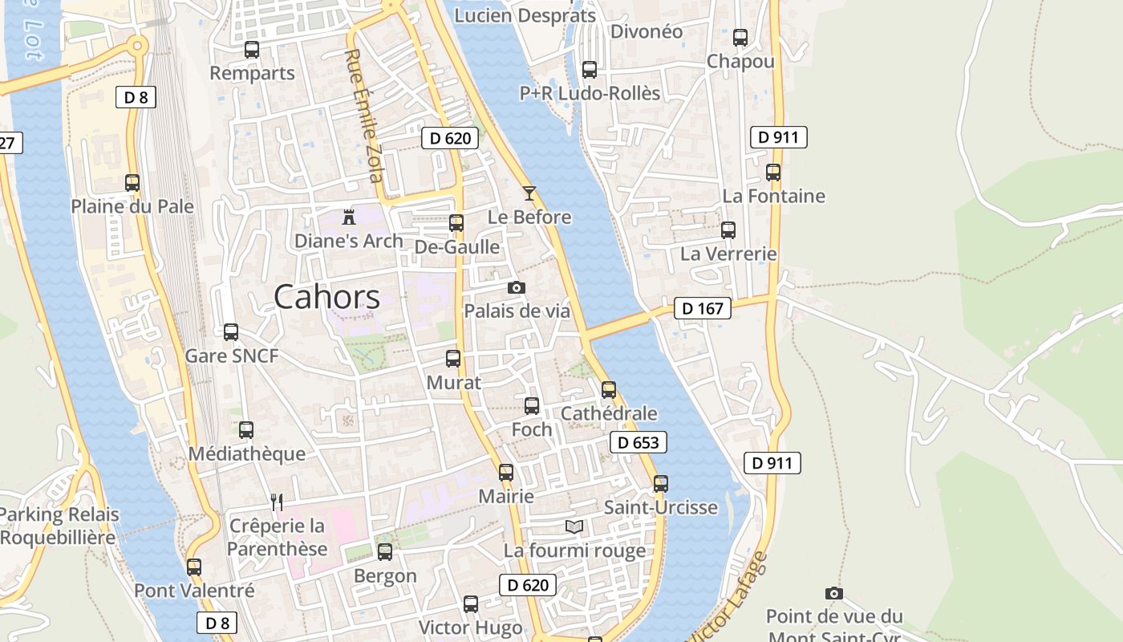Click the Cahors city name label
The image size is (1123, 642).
[x=326, y=297]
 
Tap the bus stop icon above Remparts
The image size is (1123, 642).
[x=252, y=50]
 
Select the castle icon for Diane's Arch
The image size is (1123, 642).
[x=349, y=217]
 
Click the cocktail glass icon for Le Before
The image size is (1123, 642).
[x=529, y=193]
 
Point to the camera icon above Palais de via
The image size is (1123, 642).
[x=517, y=287]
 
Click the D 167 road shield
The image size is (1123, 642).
[x=703, y=308]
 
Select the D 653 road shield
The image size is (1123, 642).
[x=639, y=442]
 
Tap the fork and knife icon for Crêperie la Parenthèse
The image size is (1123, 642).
[x=277, y=502]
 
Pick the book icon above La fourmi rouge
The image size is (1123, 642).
[x=574, y=527]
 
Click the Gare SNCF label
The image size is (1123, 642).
[x=231, y=356]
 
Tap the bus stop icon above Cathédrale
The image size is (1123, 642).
[x=609, y=390]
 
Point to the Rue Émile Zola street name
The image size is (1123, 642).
[x=363, y=116]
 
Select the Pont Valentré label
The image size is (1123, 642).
[x=194, y=591]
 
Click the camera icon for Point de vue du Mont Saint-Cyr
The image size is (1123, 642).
[x=834, y=594]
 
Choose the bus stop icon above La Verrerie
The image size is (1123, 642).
[x=728, y=230]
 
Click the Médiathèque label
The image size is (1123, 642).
[x=246, y=453]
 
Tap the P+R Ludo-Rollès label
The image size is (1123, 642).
[x=590, y=93]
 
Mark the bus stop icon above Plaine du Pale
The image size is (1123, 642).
[x=132, y=183]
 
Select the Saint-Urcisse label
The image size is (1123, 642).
[x=660, y=507]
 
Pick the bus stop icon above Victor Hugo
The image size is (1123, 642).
[x=471, y=604]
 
